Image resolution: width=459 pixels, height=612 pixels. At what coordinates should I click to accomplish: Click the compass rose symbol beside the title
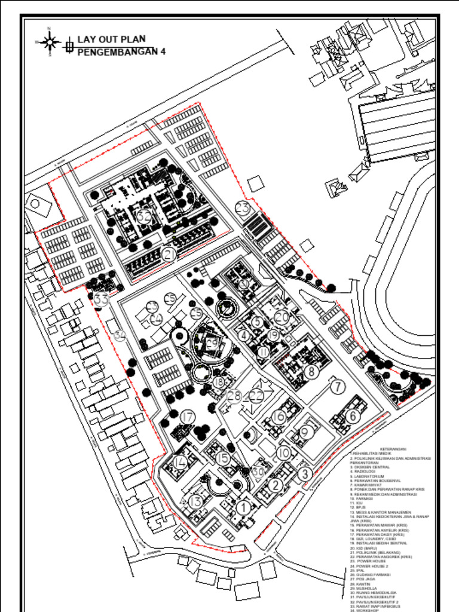(50, 41)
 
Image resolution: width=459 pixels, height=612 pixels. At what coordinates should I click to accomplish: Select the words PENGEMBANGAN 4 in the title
(121, 51)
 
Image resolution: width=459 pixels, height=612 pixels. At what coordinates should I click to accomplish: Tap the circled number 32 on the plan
(143, 216)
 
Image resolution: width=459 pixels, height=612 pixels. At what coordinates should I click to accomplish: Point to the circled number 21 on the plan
(170, 255)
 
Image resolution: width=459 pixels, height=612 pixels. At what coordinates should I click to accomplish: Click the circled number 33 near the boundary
(102, 299)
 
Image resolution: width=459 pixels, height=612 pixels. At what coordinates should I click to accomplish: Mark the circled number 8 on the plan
(311, 371)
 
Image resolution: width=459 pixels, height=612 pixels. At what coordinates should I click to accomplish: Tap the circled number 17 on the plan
(188, 417)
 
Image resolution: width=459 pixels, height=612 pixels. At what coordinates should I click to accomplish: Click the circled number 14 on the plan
(180, 462)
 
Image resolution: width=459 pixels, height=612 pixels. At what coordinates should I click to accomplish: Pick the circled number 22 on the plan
(256, 395)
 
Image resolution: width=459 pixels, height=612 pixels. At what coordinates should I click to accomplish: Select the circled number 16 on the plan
(279, 417)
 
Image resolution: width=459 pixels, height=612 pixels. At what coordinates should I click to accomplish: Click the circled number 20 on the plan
(281, 317)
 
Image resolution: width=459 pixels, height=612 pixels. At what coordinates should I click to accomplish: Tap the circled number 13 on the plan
(195, 501)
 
